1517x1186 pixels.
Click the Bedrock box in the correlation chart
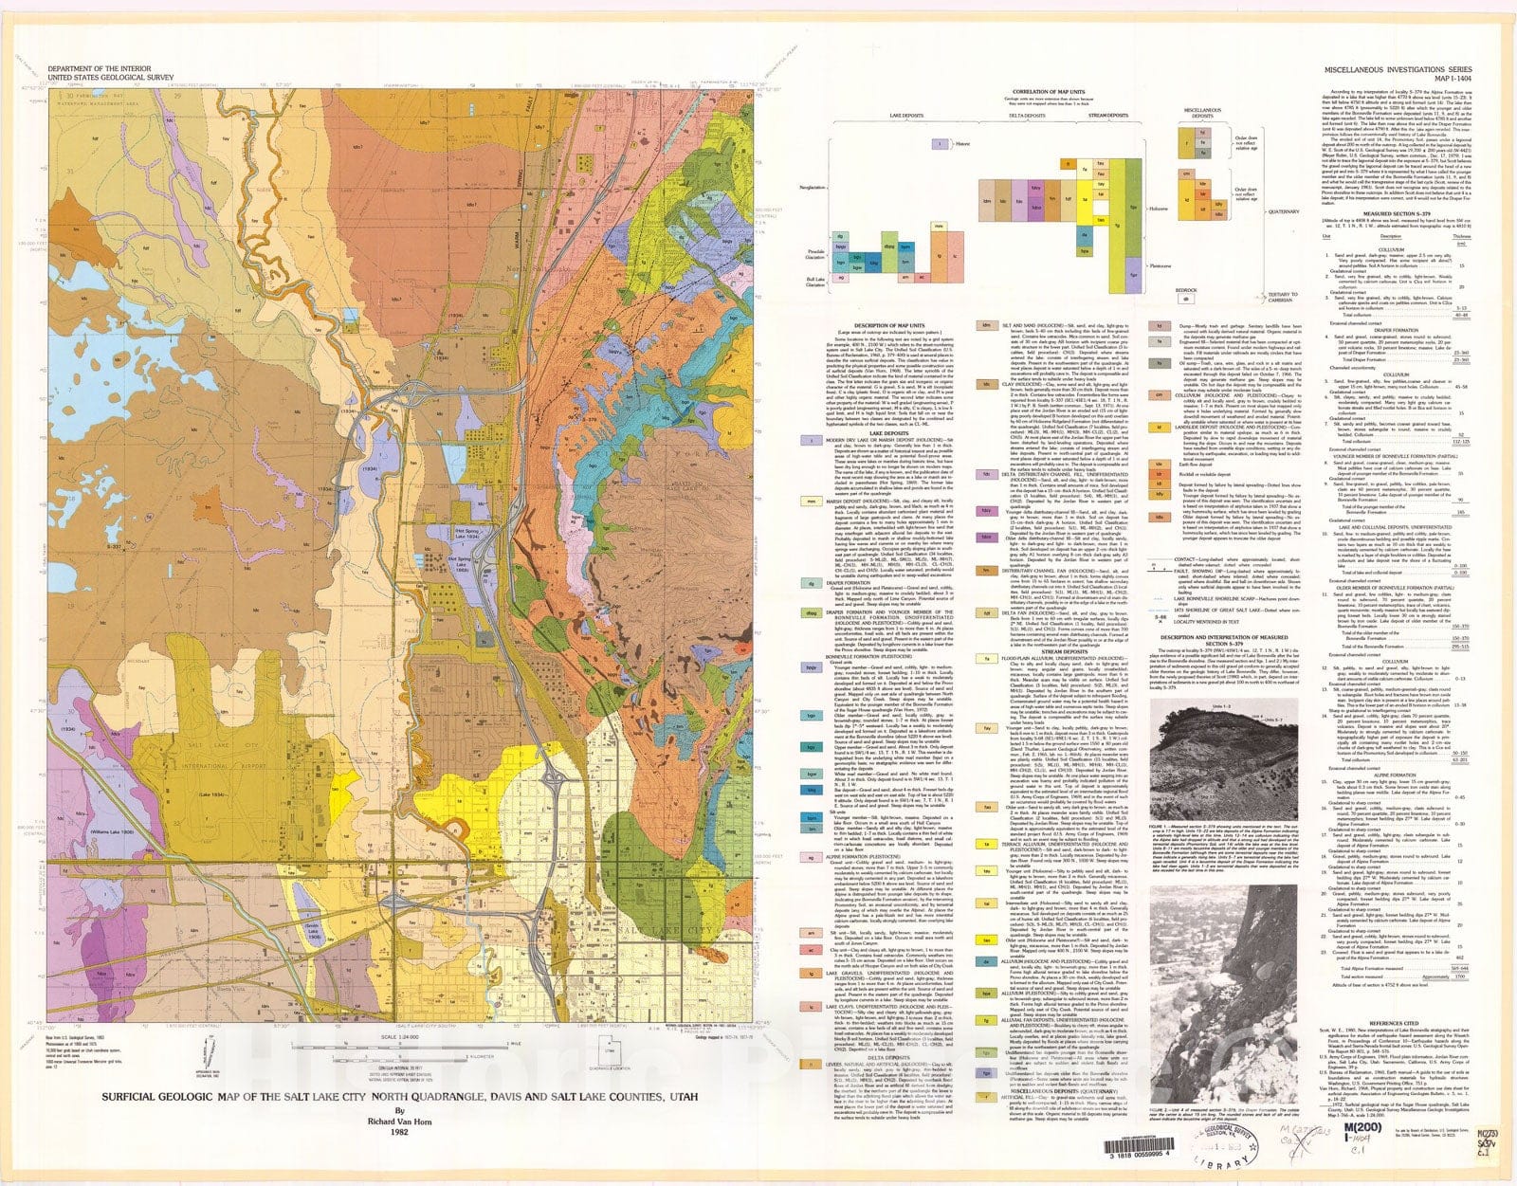click(x=1185, y=298)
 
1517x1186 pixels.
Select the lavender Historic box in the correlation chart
click(x=939, y=145)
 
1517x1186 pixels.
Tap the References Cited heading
click(x=1392, y=1023)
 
